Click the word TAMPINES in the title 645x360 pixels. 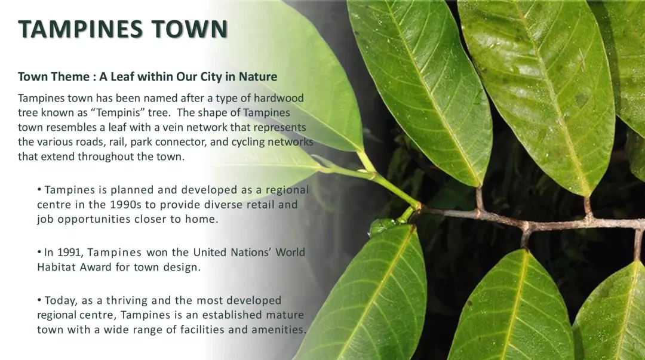(x=80, y=29)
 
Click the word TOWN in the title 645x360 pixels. (x=190, y=29)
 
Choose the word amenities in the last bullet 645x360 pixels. (x=279, y=330)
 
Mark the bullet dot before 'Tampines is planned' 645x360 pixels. (x=39, y=190)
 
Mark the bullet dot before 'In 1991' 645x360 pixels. (x=39, y=252)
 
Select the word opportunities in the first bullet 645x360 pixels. (x=94, y=219)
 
